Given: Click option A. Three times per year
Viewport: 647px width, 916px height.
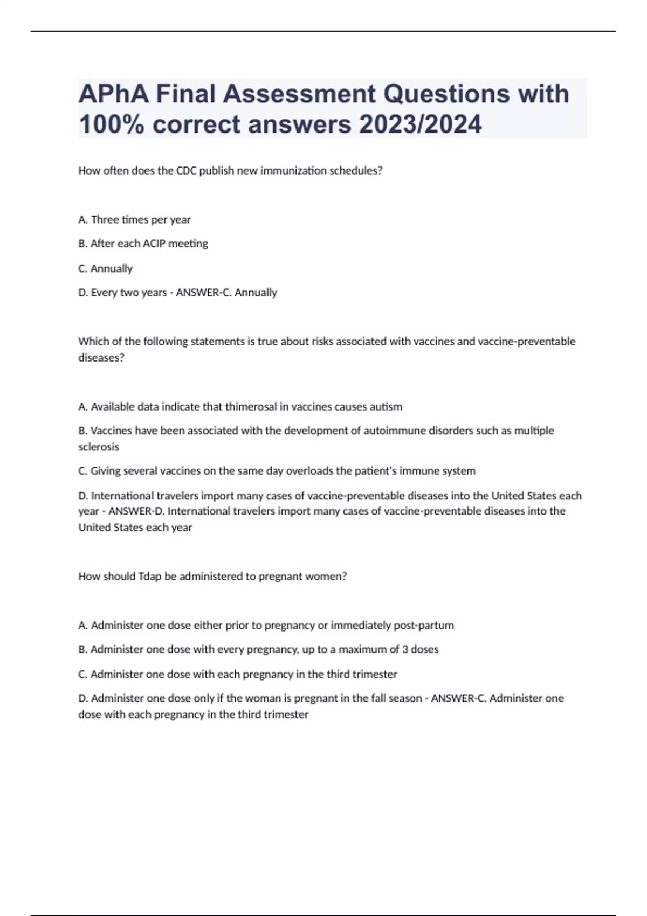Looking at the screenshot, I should pos(135,220).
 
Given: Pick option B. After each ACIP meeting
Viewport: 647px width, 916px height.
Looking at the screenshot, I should pos(143,244).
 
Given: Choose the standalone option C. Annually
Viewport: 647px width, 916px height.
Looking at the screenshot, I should pos(106,268).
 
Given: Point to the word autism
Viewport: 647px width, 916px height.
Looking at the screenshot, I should pos(386,407).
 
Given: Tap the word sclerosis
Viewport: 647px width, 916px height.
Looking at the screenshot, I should pos(99,447).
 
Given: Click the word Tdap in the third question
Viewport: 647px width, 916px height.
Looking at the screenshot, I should pos(150,577).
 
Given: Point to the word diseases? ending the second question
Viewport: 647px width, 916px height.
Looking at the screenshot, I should pos(101,358).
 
